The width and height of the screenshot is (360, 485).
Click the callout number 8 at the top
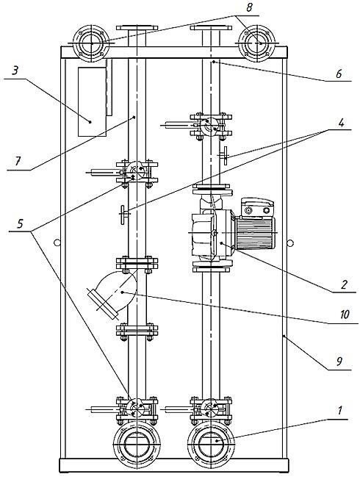coord(249,7)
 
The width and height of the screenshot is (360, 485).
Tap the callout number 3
coord(15,71)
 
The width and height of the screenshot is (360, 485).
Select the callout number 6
coord(339,73)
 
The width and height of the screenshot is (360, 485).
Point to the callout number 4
coord(341,123)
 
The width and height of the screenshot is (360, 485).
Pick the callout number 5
coord(20,223)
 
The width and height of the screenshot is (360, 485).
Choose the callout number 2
coord(344,284)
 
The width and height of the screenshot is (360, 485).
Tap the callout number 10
coord(345,315)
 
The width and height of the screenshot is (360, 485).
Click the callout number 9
coord(339,362)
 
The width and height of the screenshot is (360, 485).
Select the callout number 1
coord(340,411)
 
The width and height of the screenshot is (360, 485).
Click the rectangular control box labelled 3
coord(92,101)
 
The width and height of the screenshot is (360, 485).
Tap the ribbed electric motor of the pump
coord(255,232)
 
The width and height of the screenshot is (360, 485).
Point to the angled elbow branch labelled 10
coord(113,292)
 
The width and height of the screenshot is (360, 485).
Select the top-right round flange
coord(257,43)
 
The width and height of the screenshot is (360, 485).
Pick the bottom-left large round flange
coord(137,444)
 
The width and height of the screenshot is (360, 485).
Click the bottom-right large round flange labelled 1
coord(211,444)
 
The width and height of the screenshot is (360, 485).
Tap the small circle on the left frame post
coord(57,242)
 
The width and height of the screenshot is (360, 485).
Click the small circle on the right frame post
coord(291,242)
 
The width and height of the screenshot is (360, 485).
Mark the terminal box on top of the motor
coord(257,207)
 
